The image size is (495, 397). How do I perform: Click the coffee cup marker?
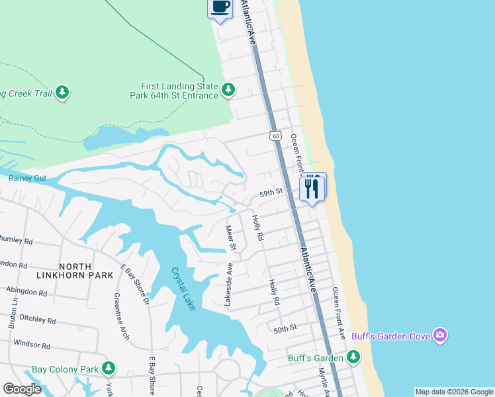pyautogui.click(x=220, y=8)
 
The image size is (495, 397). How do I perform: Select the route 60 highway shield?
pyautogui.click(x=275, y=135)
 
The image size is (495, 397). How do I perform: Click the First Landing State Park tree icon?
pyautogui.click(x=228, y=89)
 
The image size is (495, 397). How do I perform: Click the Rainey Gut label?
pyautogui.click(x=26, y=177)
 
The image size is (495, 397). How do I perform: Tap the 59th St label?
pyautogui.click(x=271, y=192)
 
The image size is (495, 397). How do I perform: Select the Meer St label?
pyautogui.click(x=231, y=238)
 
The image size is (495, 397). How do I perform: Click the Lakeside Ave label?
pyautogui.click(x=228, y=286)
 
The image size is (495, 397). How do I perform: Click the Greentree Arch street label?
pyautogui.click(x=122, y=316)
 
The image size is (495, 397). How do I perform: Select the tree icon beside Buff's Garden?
pyautogui.click(x=353, y=358)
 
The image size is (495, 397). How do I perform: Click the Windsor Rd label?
pyautogui.click(x=32, y=345)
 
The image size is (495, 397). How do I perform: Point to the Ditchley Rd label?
pyautogui.click(x=33, y=318)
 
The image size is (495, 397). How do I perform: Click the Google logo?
pyautogui.click(x=22, y=389)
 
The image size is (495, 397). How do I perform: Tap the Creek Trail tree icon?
pyautogui.click(x=62, y=93)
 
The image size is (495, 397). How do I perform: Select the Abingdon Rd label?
pyautogui.click(x=26, y=291)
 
